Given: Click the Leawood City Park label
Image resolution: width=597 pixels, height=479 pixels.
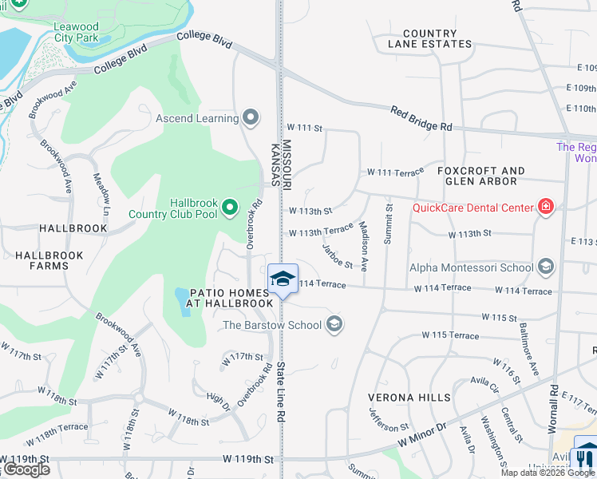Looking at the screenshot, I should tap(76, 32).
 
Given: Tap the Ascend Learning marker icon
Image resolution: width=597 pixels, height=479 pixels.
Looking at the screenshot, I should tap(251, 119).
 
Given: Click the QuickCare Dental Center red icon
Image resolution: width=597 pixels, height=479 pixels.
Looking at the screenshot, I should tap(546, 208).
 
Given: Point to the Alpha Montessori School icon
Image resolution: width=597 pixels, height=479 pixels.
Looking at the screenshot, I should tap(546, 267).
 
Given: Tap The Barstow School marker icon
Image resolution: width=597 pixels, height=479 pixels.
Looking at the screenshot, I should tap(335, 324).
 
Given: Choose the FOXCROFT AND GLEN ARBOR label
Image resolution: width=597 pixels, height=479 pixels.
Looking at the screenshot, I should tap(481, 176).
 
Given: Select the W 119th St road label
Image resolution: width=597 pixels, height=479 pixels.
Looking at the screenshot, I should tap(248, 460).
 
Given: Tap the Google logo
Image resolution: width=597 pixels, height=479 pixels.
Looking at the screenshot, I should tap(26, 469).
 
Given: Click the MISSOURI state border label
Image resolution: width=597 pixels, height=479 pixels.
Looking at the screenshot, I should tap(287, 164).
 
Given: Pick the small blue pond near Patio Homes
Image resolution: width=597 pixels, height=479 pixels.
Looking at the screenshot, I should tap(182, 302).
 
